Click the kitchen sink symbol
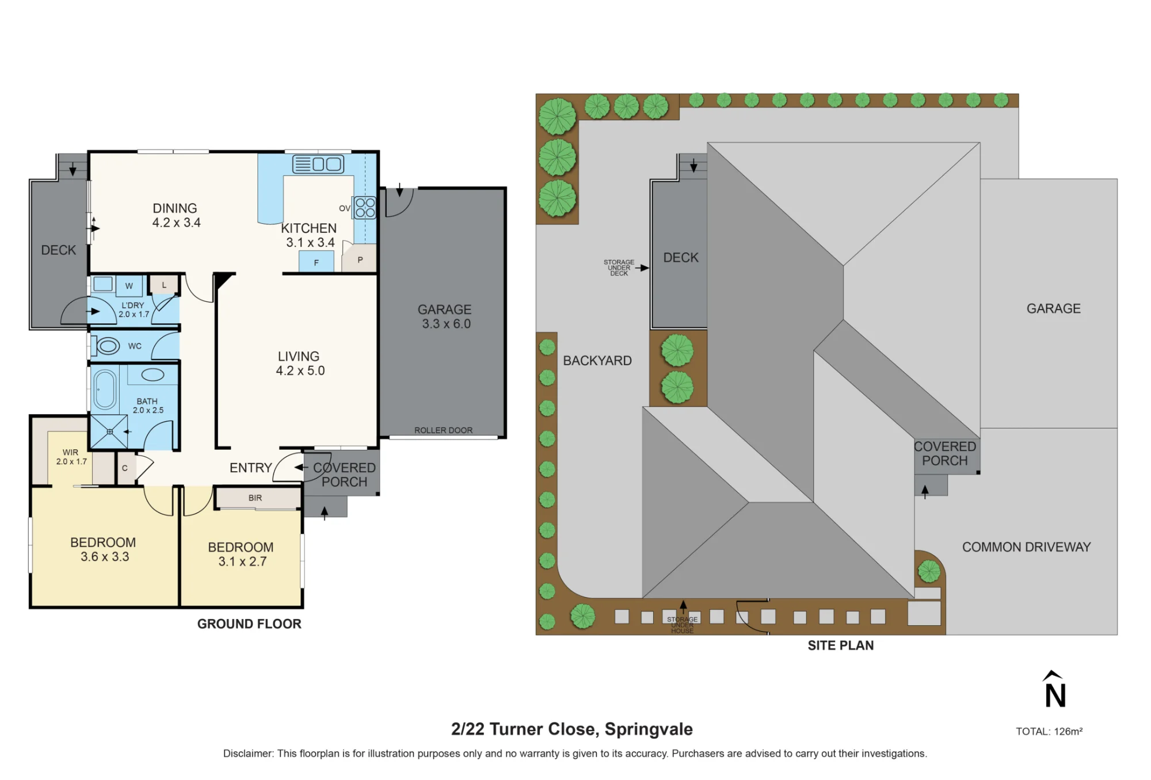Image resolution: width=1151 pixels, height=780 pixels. click(318, 164)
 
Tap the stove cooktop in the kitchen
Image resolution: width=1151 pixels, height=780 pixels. click(365, 208)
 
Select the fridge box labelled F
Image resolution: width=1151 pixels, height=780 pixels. click(316, 262)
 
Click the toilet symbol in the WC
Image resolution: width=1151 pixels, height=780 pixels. click(106, 346)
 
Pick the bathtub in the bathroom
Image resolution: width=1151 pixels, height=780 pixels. click(105, 389)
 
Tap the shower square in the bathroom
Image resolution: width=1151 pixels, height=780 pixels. click(109, 431)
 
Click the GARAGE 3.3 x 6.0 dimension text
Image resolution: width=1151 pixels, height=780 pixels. click(445, 317)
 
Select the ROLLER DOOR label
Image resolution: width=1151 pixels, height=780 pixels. click(443, 430)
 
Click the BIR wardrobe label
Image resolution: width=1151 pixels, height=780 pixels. click(255, 498)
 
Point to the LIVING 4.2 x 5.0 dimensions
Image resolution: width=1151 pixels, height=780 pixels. click(299, 364)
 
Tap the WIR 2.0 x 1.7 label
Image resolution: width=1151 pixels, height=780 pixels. click(71, 457)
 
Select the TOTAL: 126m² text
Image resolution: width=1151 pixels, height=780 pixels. click(1049, 732)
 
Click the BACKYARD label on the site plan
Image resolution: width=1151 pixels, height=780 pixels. click(597, 361)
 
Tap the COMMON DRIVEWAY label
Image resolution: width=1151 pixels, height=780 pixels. click(1026, 547)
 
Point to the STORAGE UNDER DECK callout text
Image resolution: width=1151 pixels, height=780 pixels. click(619, 267)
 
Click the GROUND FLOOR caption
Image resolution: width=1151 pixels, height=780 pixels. click(249, 624)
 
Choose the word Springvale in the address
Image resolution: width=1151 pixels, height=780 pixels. click(649, 729)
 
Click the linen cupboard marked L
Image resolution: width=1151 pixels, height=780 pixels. click(164, 285)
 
